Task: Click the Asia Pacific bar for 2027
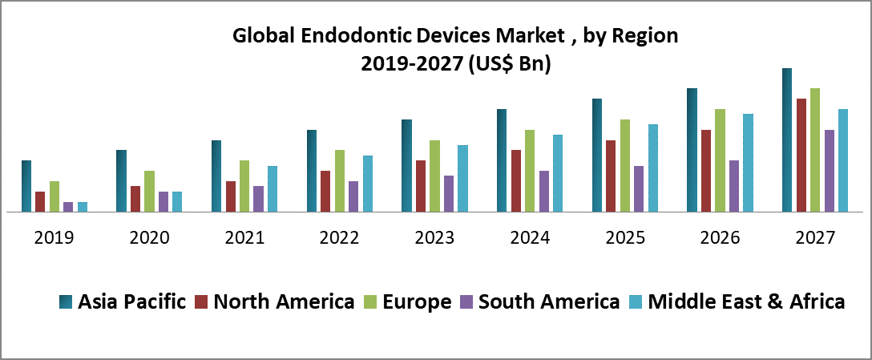coord(787,140)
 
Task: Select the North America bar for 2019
coord(40,202)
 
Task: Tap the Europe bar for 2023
coord(434,176)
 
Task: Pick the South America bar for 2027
coord(830,171)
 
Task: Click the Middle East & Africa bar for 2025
coord(653,168)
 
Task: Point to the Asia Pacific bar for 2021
coord(216,176)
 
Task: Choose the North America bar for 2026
coord(706,171)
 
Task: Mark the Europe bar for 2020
coord(149,192)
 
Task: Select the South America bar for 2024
coord(544,192)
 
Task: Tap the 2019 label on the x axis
coord(54,238)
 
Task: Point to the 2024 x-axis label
coord(530,238)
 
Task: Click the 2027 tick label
coord(815,238)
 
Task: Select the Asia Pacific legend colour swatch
coord(66,302)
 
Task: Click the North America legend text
coord(285,302)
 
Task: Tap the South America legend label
coord(549,302)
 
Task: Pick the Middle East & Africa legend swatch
coord(637,302)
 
